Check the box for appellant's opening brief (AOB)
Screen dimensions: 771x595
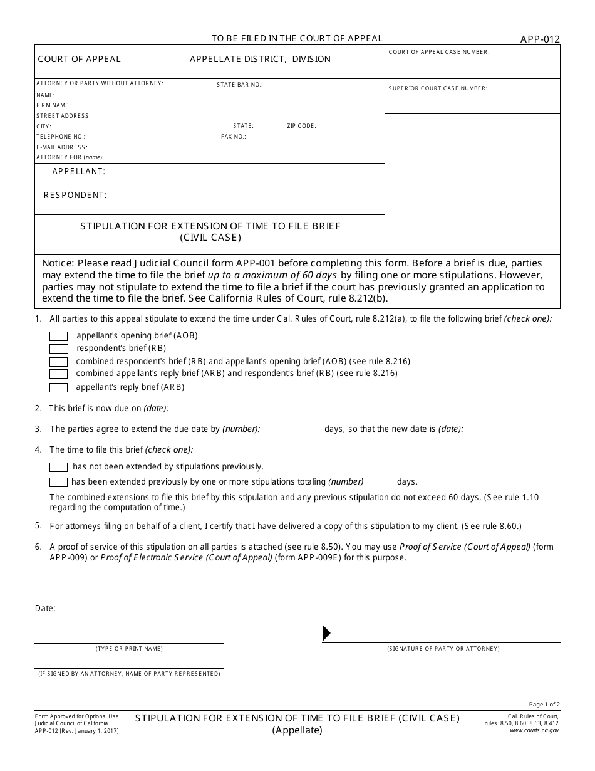click(58, 336)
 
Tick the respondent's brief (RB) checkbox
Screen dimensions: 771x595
click(58, 349)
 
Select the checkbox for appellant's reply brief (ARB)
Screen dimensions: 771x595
click(58, 387)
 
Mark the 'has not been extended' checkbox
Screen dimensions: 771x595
click(58, 467)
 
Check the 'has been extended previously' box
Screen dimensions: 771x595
click(58, 482)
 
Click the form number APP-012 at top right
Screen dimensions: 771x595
click(540, 39)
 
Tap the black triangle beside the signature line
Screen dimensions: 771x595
click(326, 633)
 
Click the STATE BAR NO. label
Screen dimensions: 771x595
click(240, 84)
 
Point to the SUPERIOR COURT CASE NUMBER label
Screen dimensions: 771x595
click(438, 88)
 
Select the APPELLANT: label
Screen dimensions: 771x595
click(79, 171)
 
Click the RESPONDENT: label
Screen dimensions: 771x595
click(75, 195)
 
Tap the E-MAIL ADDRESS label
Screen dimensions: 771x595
click(61, 147)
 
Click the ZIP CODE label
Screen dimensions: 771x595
click(301, 126)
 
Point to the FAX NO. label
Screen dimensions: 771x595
click(234, 136)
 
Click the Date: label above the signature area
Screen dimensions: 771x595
click(45, 608)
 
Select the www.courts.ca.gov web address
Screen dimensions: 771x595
click(534, 730)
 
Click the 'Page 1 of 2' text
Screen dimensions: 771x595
click(544, 705)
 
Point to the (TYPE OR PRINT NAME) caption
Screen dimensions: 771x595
click(129, 649)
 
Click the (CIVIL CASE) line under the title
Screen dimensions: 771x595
click(210, 238)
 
